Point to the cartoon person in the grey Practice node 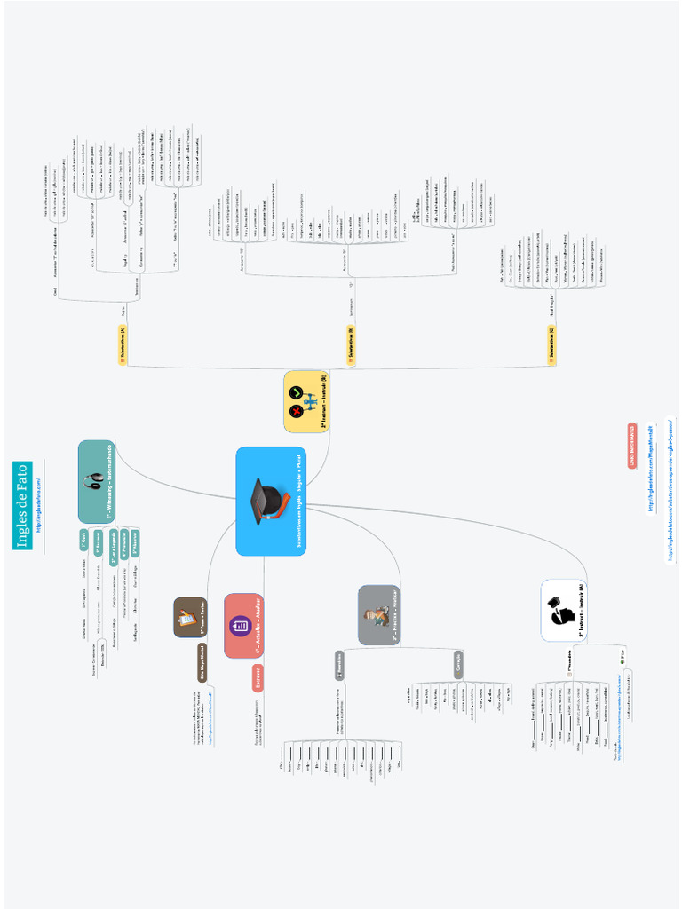[376, 615]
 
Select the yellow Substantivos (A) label [122, 345]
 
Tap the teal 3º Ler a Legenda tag [114, 547]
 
